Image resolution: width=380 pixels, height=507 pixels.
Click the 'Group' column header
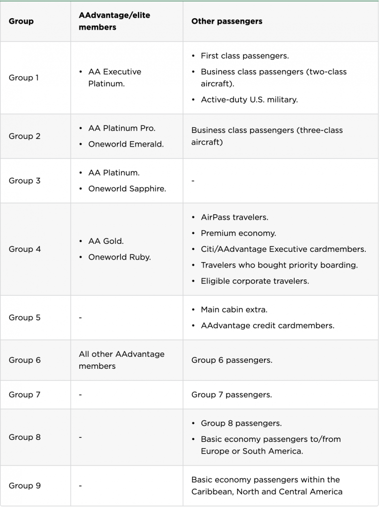21,21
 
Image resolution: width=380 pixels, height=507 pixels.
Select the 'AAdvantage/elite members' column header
114,21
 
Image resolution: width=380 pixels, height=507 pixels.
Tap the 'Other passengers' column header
227,21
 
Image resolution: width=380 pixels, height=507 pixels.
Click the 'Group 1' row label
24,78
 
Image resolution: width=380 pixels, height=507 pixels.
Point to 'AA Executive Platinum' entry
114,78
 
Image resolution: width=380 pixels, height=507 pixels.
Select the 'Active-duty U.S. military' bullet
249,100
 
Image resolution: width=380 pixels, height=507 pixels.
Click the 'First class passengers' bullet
245,56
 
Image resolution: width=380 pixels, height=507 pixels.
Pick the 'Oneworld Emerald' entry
126,144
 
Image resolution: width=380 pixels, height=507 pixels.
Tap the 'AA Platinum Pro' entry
121,128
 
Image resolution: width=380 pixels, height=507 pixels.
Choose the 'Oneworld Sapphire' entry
127,189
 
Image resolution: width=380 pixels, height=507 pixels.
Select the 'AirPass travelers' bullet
234,217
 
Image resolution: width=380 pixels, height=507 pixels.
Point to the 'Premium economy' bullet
238,233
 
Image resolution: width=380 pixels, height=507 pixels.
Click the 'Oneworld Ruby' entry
119,257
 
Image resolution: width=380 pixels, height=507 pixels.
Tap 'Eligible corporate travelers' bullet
255,281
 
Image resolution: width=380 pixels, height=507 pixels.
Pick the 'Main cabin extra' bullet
234,310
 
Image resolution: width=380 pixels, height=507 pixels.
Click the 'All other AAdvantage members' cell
121,360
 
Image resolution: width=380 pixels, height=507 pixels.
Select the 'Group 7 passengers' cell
231,394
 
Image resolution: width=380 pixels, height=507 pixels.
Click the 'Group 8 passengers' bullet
241,424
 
